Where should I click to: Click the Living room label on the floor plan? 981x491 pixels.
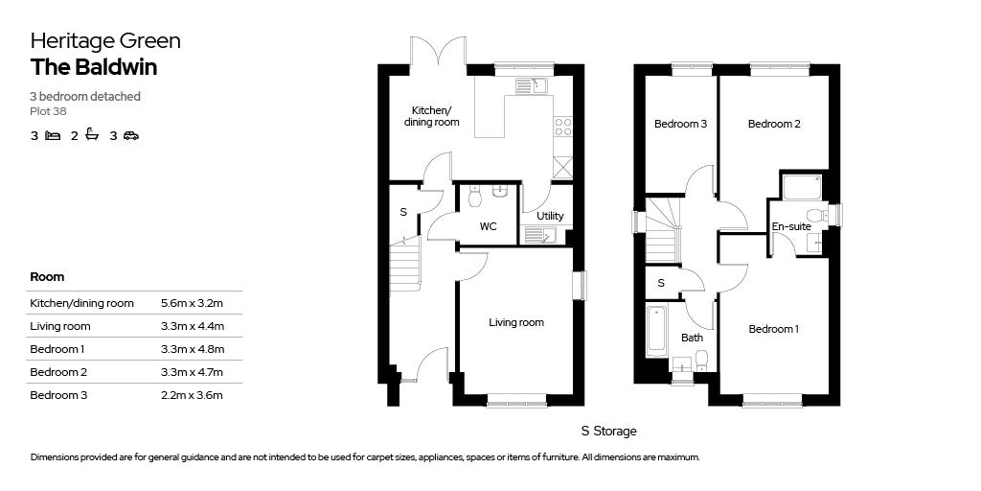[x=516, y=323]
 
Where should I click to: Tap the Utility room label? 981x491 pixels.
[x=550, y=217]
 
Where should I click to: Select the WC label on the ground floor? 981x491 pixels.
[x=488, y=227]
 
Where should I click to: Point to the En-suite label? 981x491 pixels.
[x=791, y=227]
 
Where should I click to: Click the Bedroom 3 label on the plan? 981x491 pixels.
[x=680, y=125]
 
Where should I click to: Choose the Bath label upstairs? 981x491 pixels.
[x=692, y=338]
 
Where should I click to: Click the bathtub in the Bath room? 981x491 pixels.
[x=657, y=330]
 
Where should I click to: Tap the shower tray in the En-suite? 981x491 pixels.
[x=803, y=187]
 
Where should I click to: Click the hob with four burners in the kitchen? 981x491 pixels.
[x=563, y=127]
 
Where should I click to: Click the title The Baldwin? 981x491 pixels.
[x=94, y=67]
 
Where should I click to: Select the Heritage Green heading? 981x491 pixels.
[x=105, y=40]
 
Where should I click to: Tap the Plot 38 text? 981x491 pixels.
[x=48, y=111]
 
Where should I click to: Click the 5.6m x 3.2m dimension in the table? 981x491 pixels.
[x=192, y=303]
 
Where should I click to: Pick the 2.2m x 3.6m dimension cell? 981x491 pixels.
[x=192, y=395]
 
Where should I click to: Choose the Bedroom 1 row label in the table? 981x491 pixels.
[x=57, y=349]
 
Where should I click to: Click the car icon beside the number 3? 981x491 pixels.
[x=130, y=136]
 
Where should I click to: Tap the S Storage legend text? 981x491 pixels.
[x=608, y=432]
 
